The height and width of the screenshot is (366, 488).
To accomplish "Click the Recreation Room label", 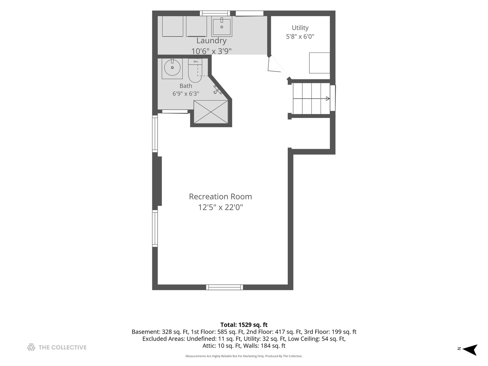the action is [x=220, y=197].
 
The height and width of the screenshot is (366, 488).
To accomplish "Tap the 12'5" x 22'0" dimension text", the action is [x=220, y=207].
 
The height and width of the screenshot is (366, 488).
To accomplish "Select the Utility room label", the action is [x=300, y=28].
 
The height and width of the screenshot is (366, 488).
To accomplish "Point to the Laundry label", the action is [x=211, y=41].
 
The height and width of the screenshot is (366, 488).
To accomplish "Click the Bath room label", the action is [x=186, y=86].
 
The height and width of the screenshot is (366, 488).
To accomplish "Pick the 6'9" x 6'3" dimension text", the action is [x=186, y=94].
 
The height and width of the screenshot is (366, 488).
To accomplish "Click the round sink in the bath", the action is [x=172, y=67].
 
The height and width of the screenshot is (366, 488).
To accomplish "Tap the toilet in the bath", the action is [x=195, y=70].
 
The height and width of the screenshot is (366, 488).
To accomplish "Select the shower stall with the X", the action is [x=211, y=112].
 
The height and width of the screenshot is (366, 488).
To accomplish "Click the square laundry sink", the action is [x=222, y=27].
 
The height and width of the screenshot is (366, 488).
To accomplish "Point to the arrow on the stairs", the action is [x=328, y=98].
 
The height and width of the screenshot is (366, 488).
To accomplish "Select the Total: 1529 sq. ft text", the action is [x=244, y=325].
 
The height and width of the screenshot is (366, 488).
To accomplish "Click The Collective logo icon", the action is [x=31, y=347].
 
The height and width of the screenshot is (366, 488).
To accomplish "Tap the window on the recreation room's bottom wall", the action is [x=225, y=287].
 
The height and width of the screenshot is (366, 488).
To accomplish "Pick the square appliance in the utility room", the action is [x=320, y=63].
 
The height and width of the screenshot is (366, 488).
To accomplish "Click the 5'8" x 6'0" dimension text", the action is [x=300, y=37].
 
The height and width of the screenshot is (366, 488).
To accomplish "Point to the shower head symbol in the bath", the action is [x=218, y=89].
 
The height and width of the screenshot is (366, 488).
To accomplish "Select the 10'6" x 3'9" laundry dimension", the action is [x=211, y=51].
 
